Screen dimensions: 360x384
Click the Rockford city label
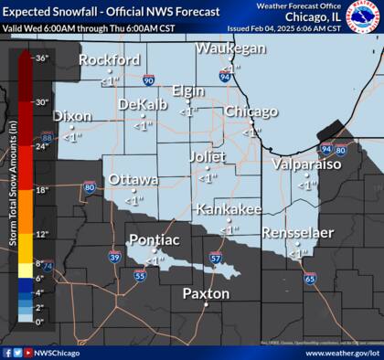[109, 60]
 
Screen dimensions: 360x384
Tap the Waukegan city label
[229, 48]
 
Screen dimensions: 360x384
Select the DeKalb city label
[143, 104]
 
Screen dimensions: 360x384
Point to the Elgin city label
[187, 92]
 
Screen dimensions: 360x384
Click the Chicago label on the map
[251, 111]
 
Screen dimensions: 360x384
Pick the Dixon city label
[72, 117]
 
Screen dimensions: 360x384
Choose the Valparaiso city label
[306, 164]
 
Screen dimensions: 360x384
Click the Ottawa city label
[133, 180]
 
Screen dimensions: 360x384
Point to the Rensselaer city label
[297, 233]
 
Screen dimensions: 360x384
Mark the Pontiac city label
[152, 240]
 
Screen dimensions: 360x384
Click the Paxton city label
[206, 293]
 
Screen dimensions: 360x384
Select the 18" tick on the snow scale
[41, 190]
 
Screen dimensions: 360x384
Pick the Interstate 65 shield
[310, 277]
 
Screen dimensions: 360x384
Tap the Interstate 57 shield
[215, 259]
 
